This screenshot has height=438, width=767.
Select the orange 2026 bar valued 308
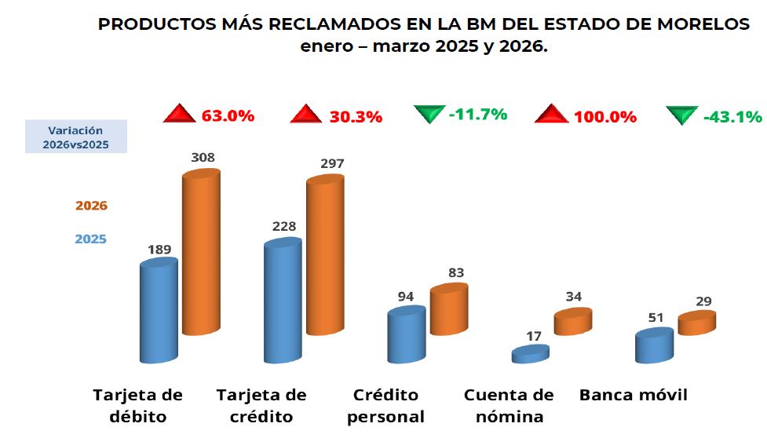[201, 251]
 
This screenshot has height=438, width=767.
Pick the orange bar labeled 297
[325, 255]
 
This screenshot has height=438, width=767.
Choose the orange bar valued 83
[448, 310]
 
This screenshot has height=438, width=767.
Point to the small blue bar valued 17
[530, 355]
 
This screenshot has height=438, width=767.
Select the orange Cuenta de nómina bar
[572, 322]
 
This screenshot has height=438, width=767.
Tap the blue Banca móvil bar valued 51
[654, 346]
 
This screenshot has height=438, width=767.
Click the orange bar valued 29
[696, 323]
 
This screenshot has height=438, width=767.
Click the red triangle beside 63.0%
[179, 115]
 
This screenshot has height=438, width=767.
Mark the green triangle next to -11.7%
[428, 115]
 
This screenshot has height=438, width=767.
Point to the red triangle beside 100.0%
[551, 115]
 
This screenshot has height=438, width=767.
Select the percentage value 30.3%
[357, 117]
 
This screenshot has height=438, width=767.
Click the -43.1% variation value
[732, 117]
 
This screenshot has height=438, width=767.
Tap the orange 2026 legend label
[91, 206]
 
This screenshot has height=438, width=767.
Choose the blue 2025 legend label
[91, 239]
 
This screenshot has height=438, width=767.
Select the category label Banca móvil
[633, 395]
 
